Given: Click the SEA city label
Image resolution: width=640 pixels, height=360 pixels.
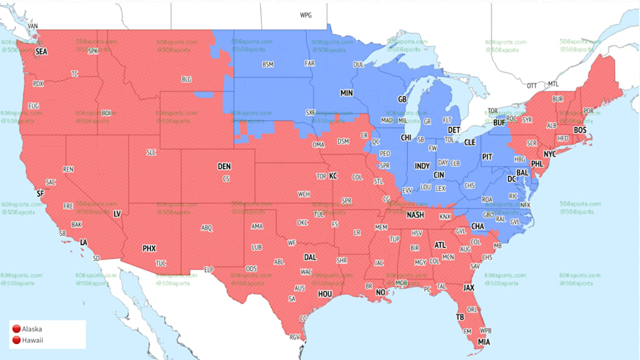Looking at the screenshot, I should point(41,52).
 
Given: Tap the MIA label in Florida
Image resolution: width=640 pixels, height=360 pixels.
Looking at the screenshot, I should point(483,342).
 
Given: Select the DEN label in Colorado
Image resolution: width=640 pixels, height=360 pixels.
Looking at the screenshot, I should point(224,166).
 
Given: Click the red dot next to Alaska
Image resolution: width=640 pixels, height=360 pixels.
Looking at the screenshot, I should point(16,329).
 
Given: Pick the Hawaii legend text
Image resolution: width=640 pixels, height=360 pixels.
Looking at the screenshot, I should point(32,340).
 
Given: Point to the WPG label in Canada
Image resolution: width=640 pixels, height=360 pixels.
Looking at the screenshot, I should point(306,15).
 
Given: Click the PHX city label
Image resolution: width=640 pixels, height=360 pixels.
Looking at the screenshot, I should point(149,248).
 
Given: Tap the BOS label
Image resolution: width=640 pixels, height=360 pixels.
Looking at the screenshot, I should point(580,131).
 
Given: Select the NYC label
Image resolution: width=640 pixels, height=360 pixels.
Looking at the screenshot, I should point(549,154).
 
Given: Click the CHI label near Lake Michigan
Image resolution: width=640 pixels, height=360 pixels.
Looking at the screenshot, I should point(406,138).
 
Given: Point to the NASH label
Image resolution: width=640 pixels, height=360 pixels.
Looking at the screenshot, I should point(415,215).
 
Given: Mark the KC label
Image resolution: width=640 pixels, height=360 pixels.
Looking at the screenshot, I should point(333,175).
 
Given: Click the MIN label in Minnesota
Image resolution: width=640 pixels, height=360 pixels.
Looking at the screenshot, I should point(347,93).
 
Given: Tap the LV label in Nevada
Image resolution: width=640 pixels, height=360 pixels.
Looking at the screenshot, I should point(116,213).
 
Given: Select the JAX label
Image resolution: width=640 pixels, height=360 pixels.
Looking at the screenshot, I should point(468,288).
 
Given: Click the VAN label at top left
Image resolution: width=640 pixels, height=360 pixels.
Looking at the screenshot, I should point(32,27).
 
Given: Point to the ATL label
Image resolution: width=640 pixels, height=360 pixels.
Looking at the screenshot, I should point(440,245).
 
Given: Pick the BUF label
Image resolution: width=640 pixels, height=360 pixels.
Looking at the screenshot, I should point(500,123).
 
